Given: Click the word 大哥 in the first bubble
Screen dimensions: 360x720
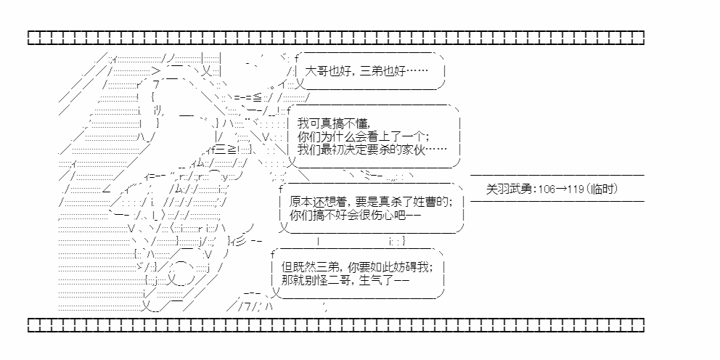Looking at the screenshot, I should (317, 72).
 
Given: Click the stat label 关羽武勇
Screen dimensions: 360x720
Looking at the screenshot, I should (509, 189).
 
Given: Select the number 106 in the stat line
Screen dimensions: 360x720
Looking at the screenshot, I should (545, 189).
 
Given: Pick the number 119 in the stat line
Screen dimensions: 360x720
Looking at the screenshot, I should (576, 189).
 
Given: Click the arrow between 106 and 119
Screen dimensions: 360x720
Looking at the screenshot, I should (560, 189).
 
